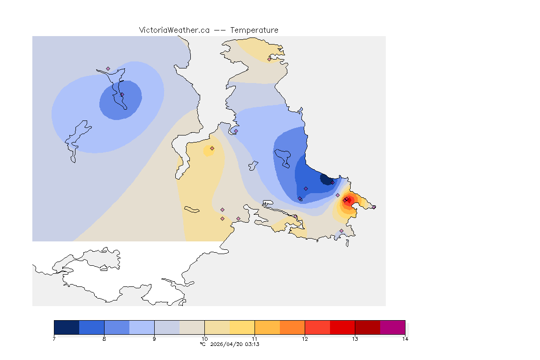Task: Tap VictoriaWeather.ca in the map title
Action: [x=174, y=30]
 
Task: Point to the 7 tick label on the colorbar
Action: [x=54, y=338]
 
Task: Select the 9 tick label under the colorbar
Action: [x=154, y=338]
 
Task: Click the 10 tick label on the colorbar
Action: [x=204, y=338]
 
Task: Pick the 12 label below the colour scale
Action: [x=305, y=338]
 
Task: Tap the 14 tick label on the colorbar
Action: [x=405, y=338]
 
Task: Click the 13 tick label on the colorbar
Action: [x=355, y=338]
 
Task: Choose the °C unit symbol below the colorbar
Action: [x=203, y=344]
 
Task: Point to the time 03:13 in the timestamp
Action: [x=252, y=344]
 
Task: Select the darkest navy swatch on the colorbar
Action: [x=67, y=327]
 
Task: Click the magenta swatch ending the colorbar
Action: [x=392, y=327]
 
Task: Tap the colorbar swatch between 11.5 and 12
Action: [x=292, y=327]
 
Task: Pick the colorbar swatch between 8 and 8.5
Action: [x=117, y=327]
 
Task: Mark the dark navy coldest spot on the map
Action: [x=325, y=179]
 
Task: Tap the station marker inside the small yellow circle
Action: [x=212, y=149]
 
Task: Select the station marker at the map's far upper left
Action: [x=108, y=68]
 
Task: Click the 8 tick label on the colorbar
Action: [x=104, y=338]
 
